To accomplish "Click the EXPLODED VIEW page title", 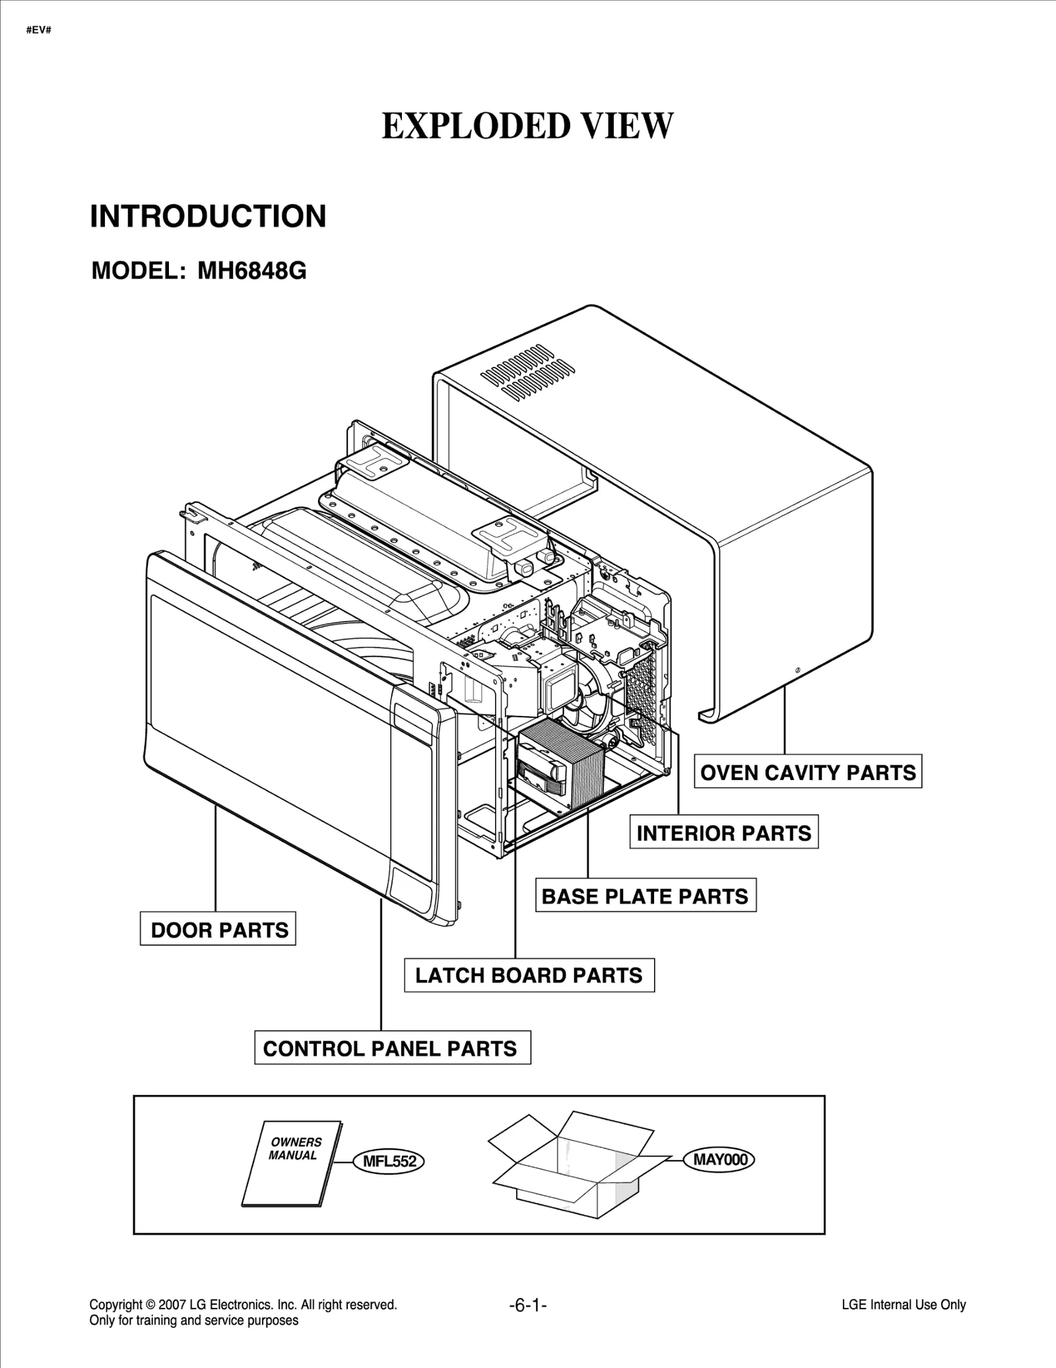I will pos(527,126).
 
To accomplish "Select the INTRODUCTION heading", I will pos(208,216).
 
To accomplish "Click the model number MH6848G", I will pos(251,271).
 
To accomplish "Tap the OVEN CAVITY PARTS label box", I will pos(807,772).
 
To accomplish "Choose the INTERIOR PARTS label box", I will pos(723,833).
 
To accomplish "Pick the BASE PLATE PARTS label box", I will pos(645,896).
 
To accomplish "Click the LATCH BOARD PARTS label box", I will pos(529,975).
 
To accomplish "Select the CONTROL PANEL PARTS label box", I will pos(392,1049).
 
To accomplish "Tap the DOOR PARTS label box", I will pos(218,930).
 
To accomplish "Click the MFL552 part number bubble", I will pos(389,1161).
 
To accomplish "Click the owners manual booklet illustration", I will pos(292,1163).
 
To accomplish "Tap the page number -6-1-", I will pos(528,1305).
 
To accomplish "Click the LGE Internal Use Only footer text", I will pos(904,1305).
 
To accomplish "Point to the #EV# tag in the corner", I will pos(39,30).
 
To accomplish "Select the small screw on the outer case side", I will pos(798,670).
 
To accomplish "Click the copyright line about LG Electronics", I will pos(243,1305).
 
